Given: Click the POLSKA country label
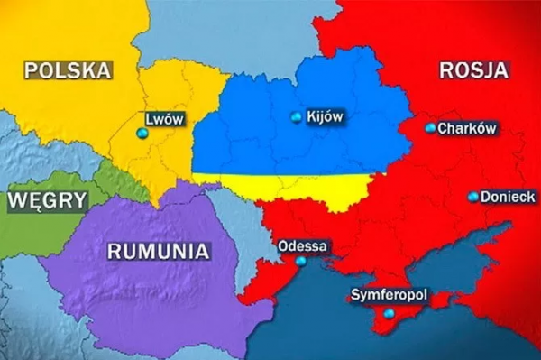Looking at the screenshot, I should tap(68, 70).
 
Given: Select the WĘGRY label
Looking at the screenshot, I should tap(48, 201).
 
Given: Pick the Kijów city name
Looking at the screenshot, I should tap(326, 116).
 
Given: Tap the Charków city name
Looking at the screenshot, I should tap(467, 129).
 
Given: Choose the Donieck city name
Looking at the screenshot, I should tap(509, 195).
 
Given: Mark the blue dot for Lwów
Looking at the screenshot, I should tap(142, 134).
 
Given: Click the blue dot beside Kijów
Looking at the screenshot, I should tap(297, 117).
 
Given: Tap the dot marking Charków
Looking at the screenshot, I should tap(430, 128).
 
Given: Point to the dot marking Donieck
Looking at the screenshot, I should tap(473, 196).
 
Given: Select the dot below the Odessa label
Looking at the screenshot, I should tap(300, 261).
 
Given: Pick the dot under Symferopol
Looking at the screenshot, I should tap(389, 313).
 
